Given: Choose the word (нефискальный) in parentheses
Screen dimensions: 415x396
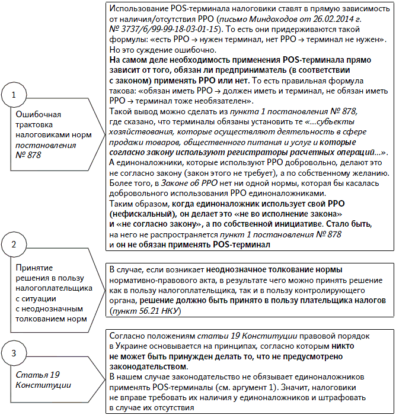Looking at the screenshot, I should tap(136, 215).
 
